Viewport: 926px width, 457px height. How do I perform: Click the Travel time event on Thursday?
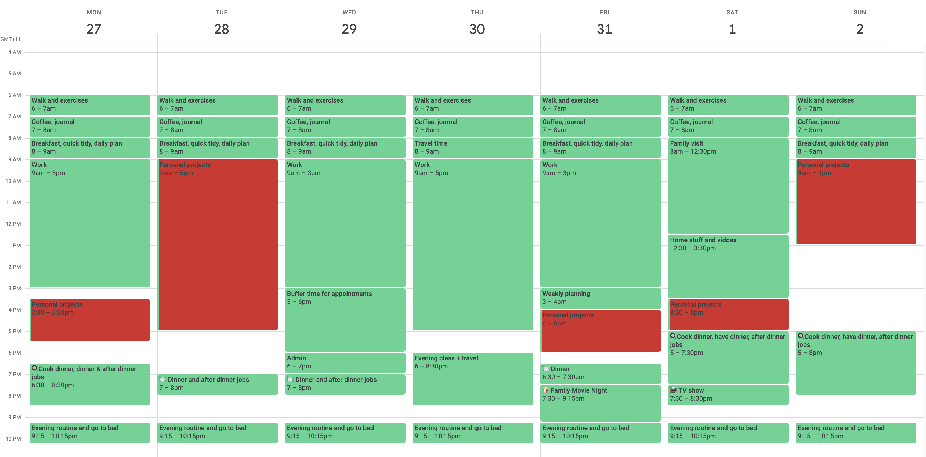(x=472, y=148)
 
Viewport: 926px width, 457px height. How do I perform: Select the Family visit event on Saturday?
(x=728, y=185)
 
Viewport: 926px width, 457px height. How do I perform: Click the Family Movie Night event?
(x=600, y=402)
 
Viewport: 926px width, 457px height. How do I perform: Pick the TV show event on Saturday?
(x=728, y=394)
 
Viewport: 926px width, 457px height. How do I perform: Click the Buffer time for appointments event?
(x=345, y=320)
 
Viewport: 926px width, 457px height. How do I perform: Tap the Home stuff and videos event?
(x=728, y=266)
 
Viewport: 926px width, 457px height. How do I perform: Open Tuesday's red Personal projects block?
(x=218, y=244)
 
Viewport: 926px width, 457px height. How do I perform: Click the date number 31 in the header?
(x=604, y=29)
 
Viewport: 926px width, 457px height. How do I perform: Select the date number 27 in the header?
(x=94, y=29)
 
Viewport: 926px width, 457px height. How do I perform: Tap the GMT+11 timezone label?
(x=10, y=39)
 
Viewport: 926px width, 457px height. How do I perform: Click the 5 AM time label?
(x=15, y=74)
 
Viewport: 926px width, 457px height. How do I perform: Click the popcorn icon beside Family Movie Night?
(x=545, y=390)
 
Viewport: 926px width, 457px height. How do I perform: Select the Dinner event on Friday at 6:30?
(x=600, y=373)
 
